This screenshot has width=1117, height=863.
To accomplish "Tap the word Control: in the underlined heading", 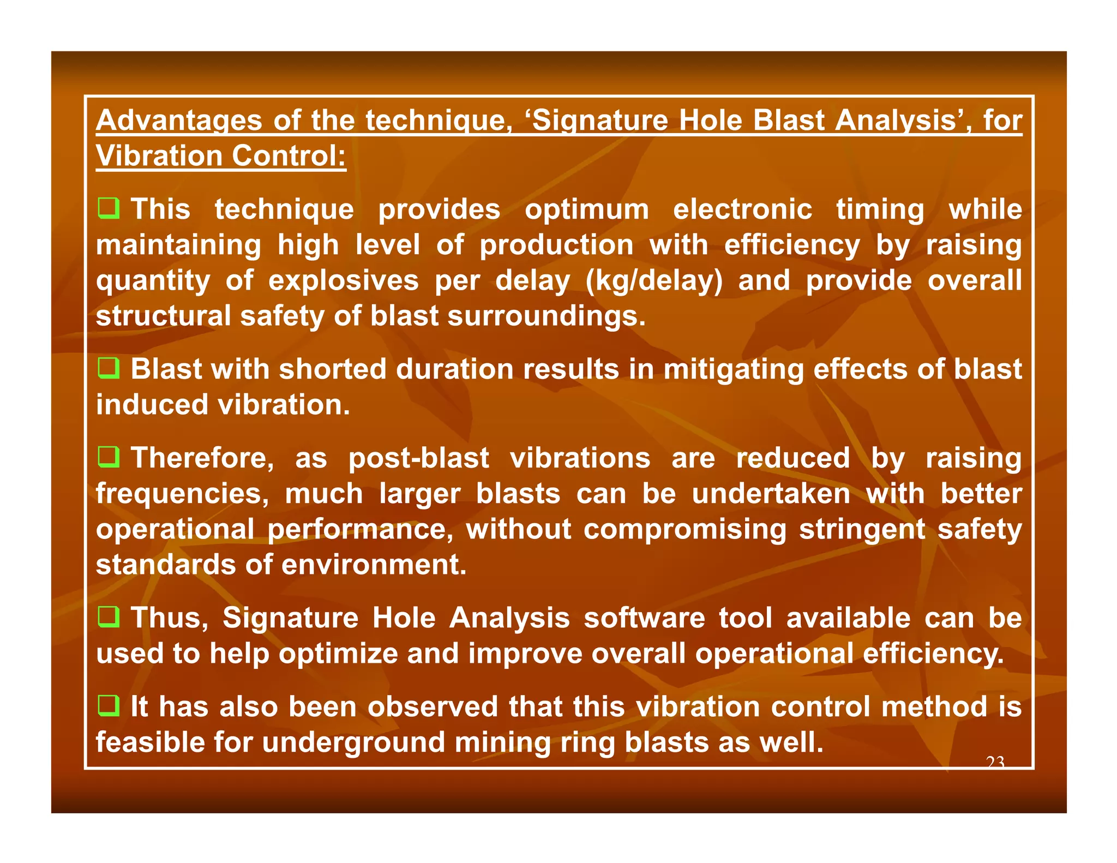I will (289, 156).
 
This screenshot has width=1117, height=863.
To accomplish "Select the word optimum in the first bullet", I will (586, 210).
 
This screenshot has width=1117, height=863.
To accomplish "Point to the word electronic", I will (742, 210).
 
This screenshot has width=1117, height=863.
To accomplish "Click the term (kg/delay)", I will (653, 281).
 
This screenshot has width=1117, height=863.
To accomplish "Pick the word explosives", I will (343, 281).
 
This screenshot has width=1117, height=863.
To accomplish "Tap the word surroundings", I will (546, 316).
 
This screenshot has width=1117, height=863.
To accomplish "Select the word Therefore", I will (202, 458).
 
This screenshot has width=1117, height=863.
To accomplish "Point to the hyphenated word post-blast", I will (418, 459).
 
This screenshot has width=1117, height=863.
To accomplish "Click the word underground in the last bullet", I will (353, 743).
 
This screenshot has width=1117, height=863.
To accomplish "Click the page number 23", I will (995, 762).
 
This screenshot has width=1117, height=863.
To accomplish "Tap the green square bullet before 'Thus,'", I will (109, 618).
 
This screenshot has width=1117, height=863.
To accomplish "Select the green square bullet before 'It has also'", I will (109, 706).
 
